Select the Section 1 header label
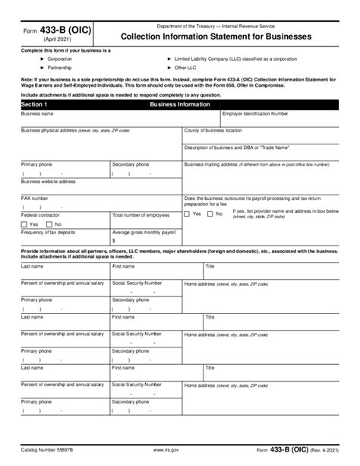34,103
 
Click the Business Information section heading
186,103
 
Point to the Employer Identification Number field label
255,113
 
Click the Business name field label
37,113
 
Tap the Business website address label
49,181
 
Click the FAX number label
35,198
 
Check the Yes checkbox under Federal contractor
25,224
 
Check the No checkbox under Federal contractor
46,224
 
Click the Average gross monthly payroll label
144,231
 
